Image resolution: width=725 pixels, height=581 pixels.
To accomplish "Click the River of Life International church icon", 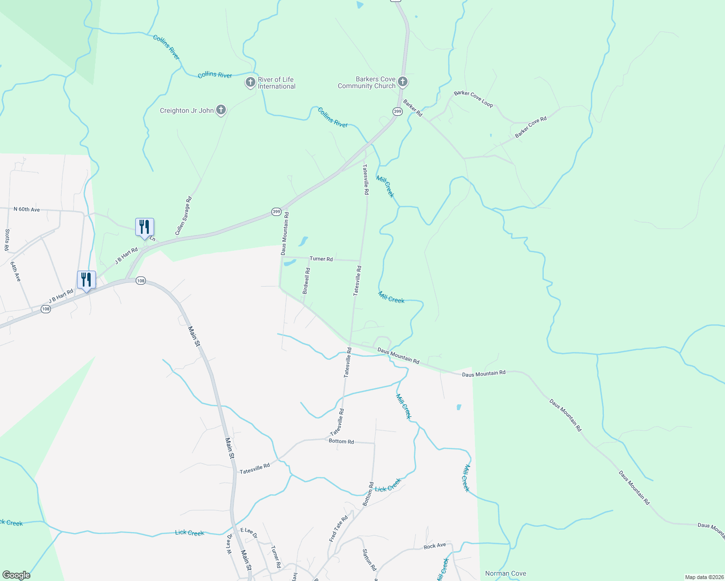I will (x=250, y=82).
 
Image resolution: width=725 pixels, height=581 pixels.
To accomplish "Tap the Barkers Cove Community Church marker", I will (x=402, y=82).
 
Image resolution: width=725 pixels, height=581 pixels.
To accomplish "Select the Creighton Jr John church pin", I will (x=221, y=110).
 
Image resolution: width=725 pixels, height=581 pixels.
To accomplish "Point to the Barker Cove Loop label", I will (x=473, y=99).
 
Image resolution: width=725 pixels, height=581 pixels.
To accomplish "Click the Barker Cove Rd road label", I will (x=531, y=127).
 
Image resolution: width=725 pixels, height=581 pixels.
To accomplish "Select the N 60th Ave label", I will (x=27, y=209).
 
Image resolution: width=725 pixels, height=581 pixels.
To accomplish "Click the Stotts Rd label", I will (x=7, y=240).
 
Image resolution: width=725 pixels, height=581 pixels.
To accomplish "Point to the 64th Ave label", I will (x=16, y=271).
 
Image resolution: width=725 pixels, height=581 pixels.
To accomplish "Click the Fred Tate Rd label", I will (x=338, y=529).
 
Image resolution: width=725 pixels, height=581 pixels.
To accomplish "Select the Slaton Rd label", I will (x=369, y=559).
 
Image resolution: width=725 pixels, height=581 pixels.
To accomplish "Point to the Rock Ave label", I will (x=434, y=546).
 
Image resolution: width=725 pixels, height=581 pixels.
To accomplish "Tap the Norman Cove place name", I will (x=505, y=573).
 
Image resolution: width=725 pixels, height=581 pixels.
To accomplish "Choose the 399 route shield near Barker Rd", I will (x=397, y=112).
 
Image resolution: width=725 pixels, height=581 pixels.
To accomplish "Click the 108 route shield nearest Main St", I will (x=141, y=281).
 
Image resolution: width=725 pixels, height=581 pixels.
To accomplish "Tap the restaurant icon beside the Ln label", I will (x=144, y=227).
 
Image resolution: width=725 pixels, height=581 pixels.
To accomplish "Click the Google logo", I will (x=16, y=575).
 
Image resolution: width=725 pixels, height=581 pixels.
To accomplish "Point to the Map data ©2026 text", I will (x=704, y=577).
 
